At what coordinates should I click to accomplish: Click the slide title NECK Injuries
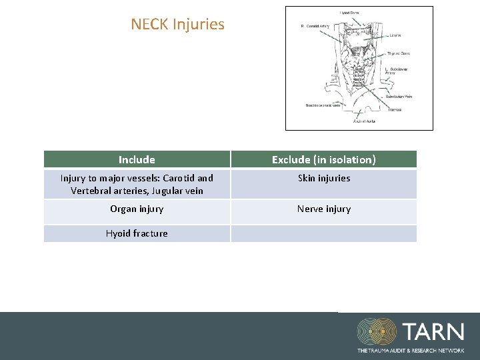pos(177,25)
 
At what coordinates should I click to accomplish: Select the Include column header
pos(137,159)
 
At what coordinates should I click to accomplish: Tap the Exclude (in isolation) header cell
pos(323,159)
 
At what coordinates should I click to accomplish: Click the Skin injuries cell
pos(323,178)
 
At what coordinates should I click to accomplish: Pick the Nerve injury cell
pos(323,209)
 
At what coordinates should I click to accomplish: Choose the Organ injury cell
pos(137,209)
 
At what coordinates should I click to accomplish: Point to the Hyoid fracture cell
pos(137,233)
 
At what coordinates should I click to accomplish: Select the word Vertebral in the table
pos(91,191)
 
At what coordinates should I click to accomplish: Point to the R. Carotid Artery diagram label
pos(315,26)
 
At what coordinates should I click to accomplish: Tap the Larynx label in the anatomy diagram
pos(395,35)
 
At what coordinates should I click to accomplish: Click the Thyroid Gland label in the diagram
pos(399,53)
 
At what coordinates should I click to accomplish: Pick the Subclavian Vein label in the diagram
pos(399,97)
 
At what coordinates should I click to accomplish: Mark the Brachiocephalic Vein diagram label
pos(323,105)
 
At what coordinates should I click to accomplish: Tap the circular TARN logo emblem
pos(376,331)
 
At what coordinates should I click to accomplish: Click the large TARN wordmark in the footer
pos(433,331)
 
